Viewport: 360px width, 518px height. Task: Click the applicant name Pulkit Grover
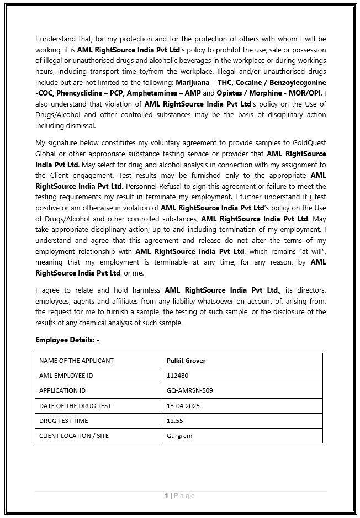tap(186, 361)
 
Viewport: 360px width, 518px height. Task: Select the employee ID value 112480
tap(177, 376)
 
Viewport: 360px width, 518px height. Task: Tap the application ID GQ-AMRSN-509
tap(189, 390)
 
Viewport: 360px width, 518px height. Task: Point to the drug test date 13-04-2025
tap(183, 406)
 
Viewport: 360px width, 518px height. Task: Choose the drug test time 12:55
tap(174, 421)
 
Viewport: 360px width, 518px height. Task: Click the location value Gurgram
tap(179, 436)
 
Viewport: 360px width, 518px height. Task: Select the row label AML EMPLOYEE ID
tap(66, 376)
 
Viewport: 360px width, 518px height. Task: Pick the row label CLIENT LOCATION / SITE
tap(74, 436)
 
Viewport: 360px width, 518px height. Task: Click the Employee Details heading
tap(67, 340)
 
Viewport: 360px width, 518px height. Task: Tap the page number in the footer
tap(167, 496)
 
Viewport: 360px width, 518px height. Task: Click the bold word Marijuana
tap(193, 82)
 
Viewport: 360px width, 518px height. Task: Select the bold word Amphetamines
tap(147, 93)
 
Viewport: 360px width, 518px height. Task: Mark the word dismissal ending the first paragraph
tap(80, 125)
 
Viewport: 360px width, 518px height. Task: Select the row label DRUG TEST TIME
tap(63, 421)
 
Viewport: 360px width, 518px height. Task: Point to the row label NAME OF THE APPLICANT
tap(76, 361)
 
